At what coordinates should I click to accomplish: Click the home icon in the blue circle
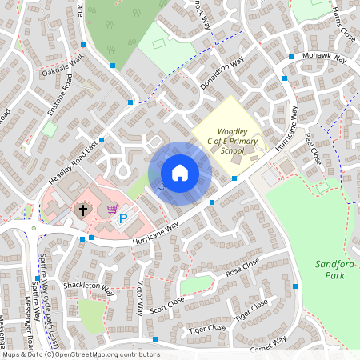click(180, 173)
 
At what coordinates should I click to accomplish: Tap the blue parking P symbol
click(123, 217)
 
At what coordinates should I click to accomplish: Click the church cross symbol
click(82, 210)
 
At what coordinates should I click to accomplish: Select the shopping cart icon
click(111, 208)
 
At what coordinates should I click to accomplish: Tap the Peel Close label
click(311, 148)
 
